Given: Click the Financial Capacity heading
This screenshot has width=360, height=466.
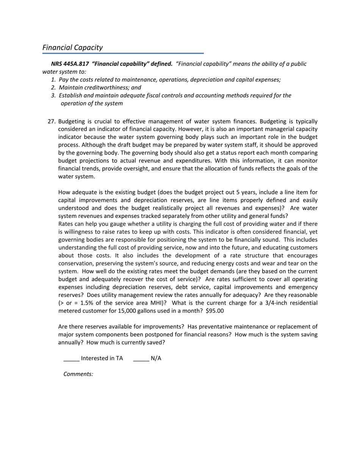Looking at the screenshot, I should pos(72,47).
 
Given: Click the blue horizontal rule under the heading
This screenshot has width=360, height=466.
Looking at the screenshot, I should pos(123,53).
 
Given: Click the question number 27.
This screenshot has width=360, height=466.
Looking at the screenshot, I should pos(52,121).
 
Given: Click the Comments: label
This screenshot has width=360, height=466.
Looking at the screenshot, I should pos(78,374).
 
